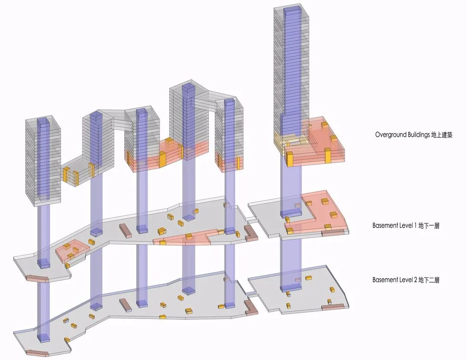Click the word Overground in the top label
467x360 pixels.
[389, 135]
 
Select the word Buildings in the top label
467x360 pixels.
[416, 135]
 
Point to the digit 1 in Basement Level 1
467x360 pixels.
[415, 226]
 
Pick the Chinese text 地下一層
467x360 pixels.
[429, 226]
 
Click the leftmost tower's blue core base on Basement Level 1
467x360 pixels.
[43, 263]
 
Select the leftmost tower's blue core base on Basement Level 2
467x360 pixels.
[43, 338]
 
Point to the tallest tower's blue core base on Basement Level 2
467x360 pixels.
[291, 287]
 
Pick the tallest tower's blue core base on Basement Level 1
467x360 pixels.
[291, 213]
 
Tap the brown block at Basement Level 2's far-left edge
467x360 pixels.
[37, 352]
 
